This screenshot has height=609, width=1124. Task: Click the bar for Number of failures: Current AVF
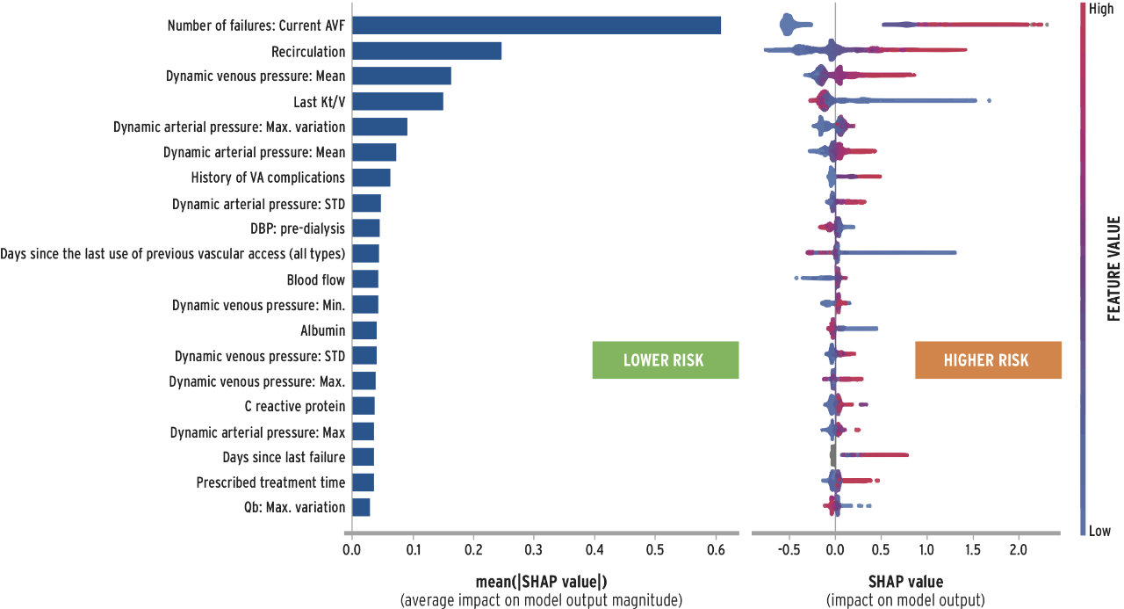536,25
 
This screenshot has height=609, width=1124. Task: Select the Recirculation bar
426,51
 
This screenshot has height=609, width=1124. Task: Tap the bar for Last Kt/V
397,102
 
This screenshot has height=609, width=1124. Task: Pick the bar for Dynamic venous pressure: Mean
401,76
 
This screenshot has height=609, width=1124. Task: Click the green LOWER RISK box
665,360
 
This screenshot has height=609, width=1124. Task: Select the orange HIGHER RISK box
987,360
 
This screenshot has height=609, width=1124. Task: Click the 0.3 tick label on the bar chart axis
534,551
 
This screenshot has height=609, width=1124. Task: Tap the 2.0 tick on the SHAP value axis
1018,551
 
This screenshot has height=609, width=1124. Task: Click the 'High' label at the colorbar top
1100,8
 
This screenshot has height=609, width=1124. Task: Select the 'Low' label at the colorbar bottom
1099,531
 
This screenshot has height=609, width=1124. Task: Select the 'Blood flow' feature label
315,279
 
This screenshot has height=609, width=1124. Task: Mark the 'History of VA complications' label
268,178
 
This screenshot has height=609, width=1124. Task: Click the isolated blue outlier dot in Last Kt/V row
989,100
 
